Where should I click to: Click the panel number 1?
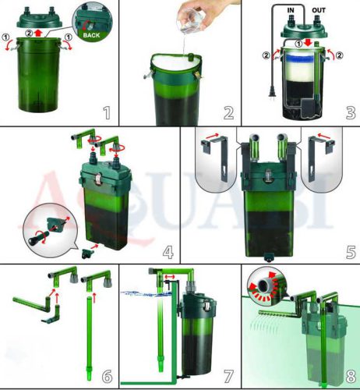107,112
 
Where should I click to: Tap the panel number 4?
168,252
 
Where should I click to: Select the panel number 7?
228,376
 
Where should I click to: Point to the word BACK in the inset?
91,35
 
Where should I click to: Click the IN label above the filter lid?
291,10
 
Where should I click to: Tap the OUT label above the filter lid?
319,10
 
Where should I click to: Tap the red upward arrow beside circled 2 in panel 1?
39,33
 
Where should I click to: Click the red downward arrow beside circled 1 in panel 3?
308,43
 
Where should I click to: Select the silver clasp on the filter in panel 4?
97,179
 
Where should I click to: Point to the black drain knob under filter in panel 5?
268,258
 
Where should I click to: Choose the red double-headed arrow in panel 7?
170,277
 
